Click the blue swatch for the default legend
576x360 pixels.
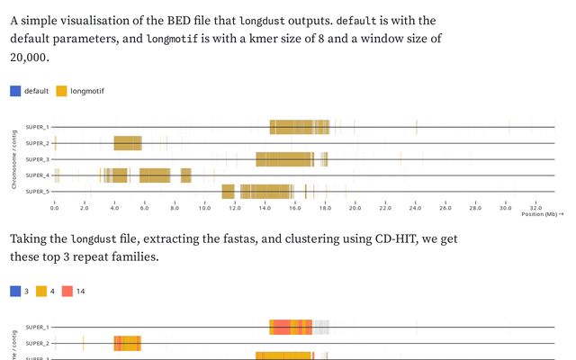15,90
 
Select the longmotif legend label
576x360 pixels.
86,91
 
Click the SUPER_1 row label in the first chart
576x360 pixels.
37,127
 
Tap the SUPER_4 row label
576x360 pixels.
37,175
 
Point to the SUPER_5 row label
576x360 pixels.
37,192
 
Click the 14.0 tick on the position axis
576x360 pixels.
265,208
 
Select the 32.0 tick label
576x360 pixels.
535,208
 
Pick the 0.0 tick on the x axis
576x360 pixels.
54,208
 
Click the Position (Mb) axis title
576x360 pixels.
536,215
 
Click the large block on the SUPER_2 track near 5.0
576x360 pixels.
127,143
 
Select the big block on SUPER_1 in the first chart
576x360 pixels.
299,127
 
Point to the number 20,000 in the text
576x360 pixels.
29,58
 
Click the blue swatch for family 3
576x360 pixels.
14,291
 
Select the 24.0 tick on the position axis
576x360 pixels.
415,208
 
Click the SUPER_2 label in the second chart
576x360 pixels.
37,343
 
